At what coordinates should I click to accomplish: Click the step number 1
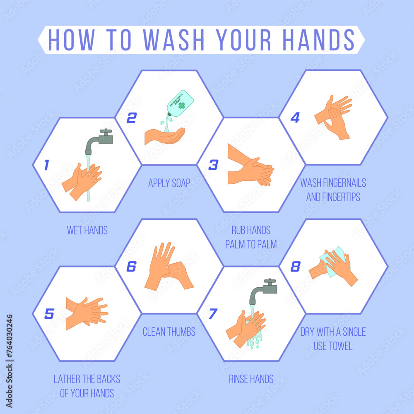[46, 166]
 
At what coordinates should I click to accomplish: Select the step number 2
[131, 118]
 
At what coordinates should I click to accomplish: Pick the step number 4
[295, 118]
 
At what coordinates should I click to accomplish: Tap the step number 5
[49, 314]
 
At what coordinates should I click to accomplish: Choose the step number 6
[131, 267]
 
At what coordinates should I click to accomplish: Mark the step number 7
[212, 314]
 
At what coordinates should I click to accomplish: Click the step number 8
[295, 267]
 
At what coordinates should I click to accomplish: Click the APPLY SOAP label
[169, 183]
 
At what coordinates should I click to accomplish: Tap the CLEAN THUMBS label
[169, 332]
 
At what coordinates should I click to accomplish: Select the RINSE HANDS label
[251, 379]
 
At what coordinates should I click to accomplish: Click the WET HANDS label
[87, 230]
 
